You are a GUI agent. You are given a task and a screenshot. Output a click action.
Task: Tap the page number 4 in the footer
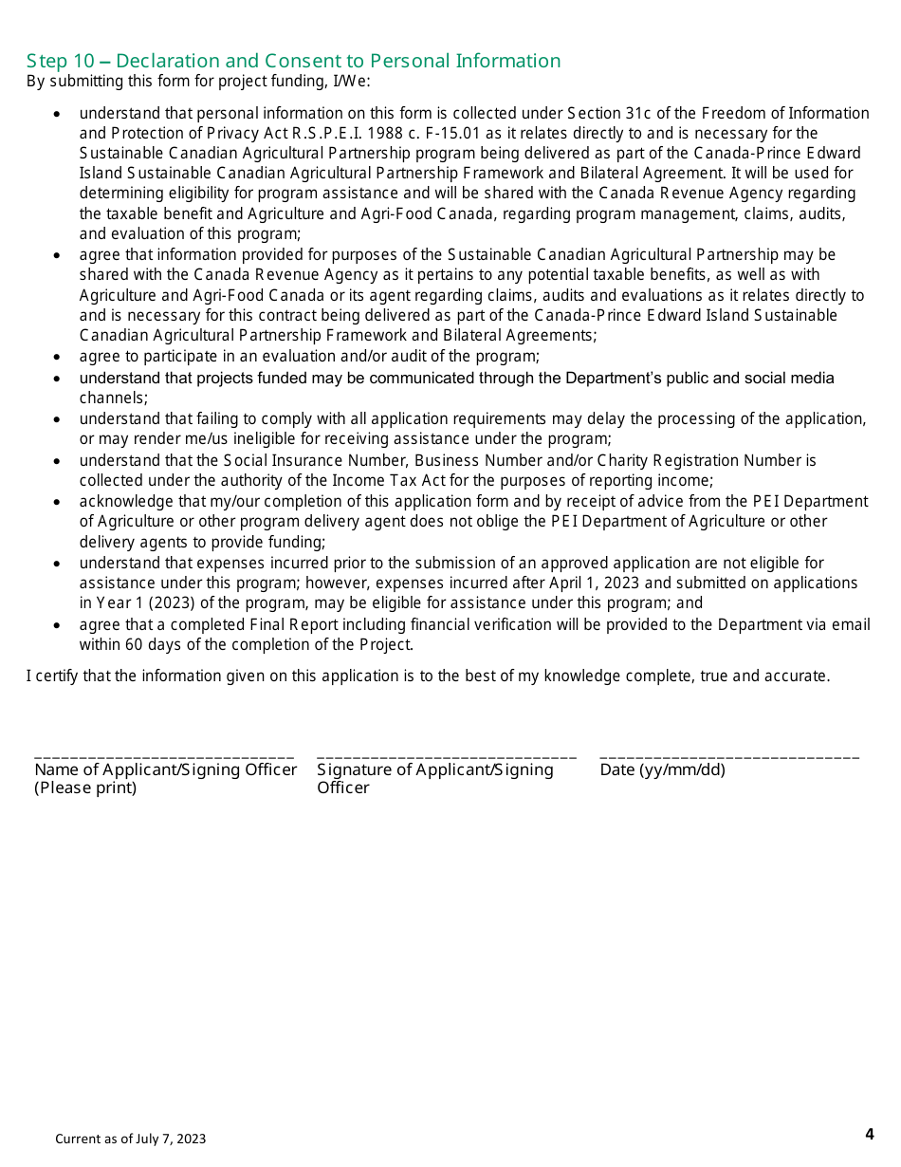click(869, 1134)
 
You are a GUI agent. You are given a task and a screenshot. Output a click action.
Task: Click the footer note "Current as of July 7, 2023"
click(130, 1139)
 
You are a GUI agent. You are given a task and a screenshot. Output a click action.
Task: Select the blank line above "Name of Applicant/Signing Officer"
click(163, 757)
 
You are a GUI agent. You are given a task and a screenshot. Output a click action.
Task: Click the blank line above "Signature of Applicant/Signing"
click(446, 757)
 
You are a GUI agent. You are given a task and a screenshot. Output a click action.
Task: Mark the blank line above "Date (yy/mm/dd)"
click(729, 757)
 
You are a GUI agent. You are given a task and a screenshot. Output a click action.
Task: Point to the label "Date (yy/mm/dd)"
click(662, 769)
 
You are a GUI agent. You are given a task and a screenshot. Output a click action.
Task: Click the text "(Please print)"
click(85, 788)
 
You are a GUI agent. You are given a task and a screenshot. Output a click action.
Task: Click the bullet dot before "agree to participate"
click(58, 358)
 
